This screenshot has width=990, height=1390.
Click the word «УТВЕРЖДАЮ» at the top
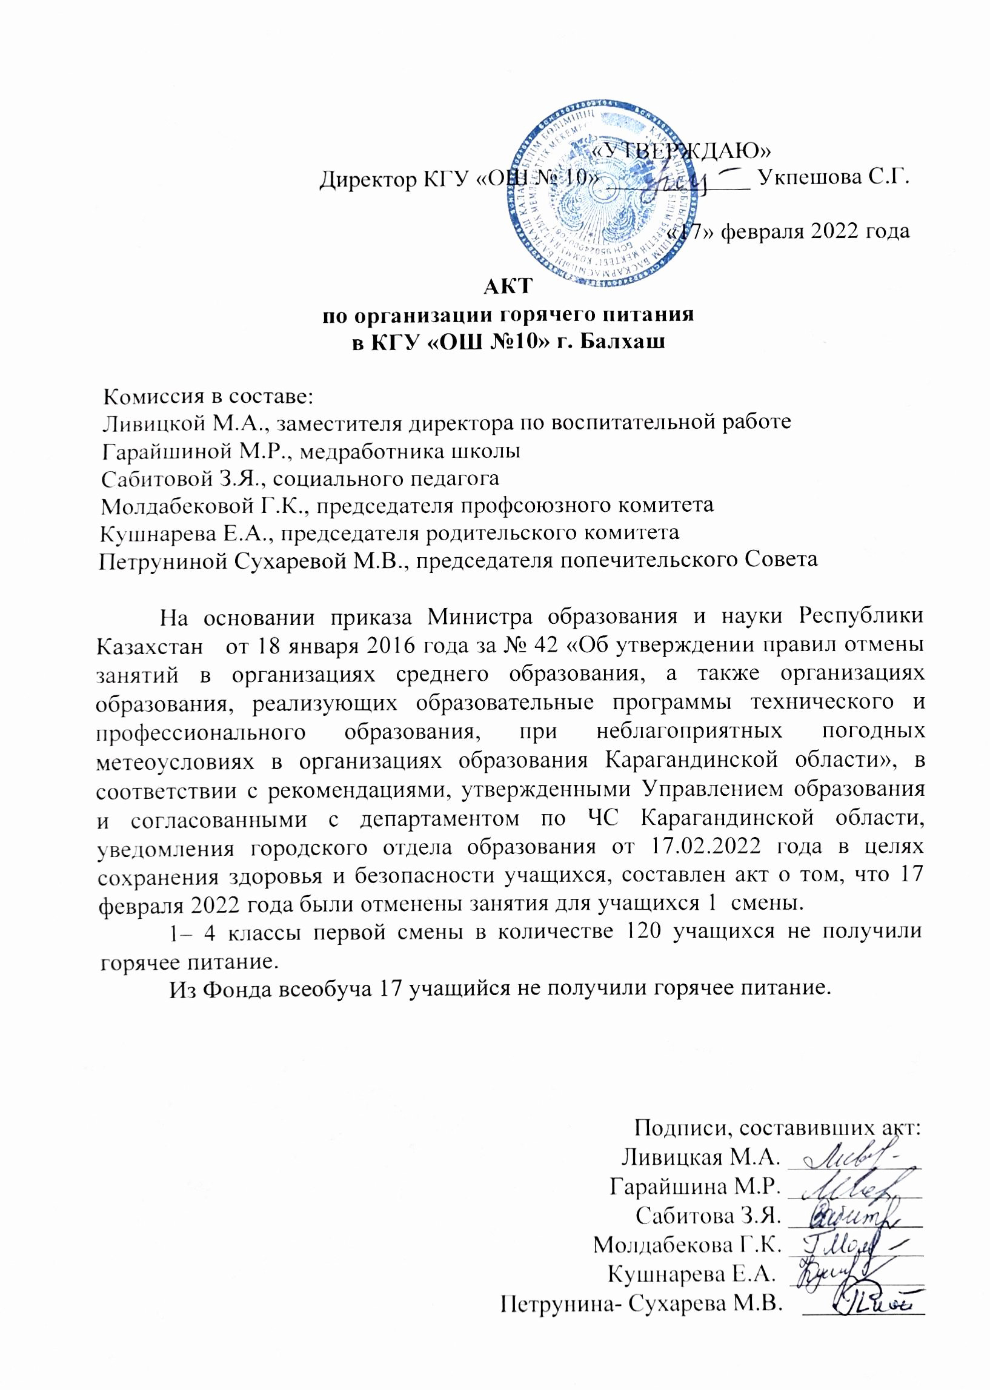pos(682,148)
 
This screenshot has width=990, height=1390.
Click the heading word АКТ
pos(508,286)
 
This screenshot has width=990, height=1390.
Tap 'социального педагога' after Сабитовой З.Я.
pos(385,478)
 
